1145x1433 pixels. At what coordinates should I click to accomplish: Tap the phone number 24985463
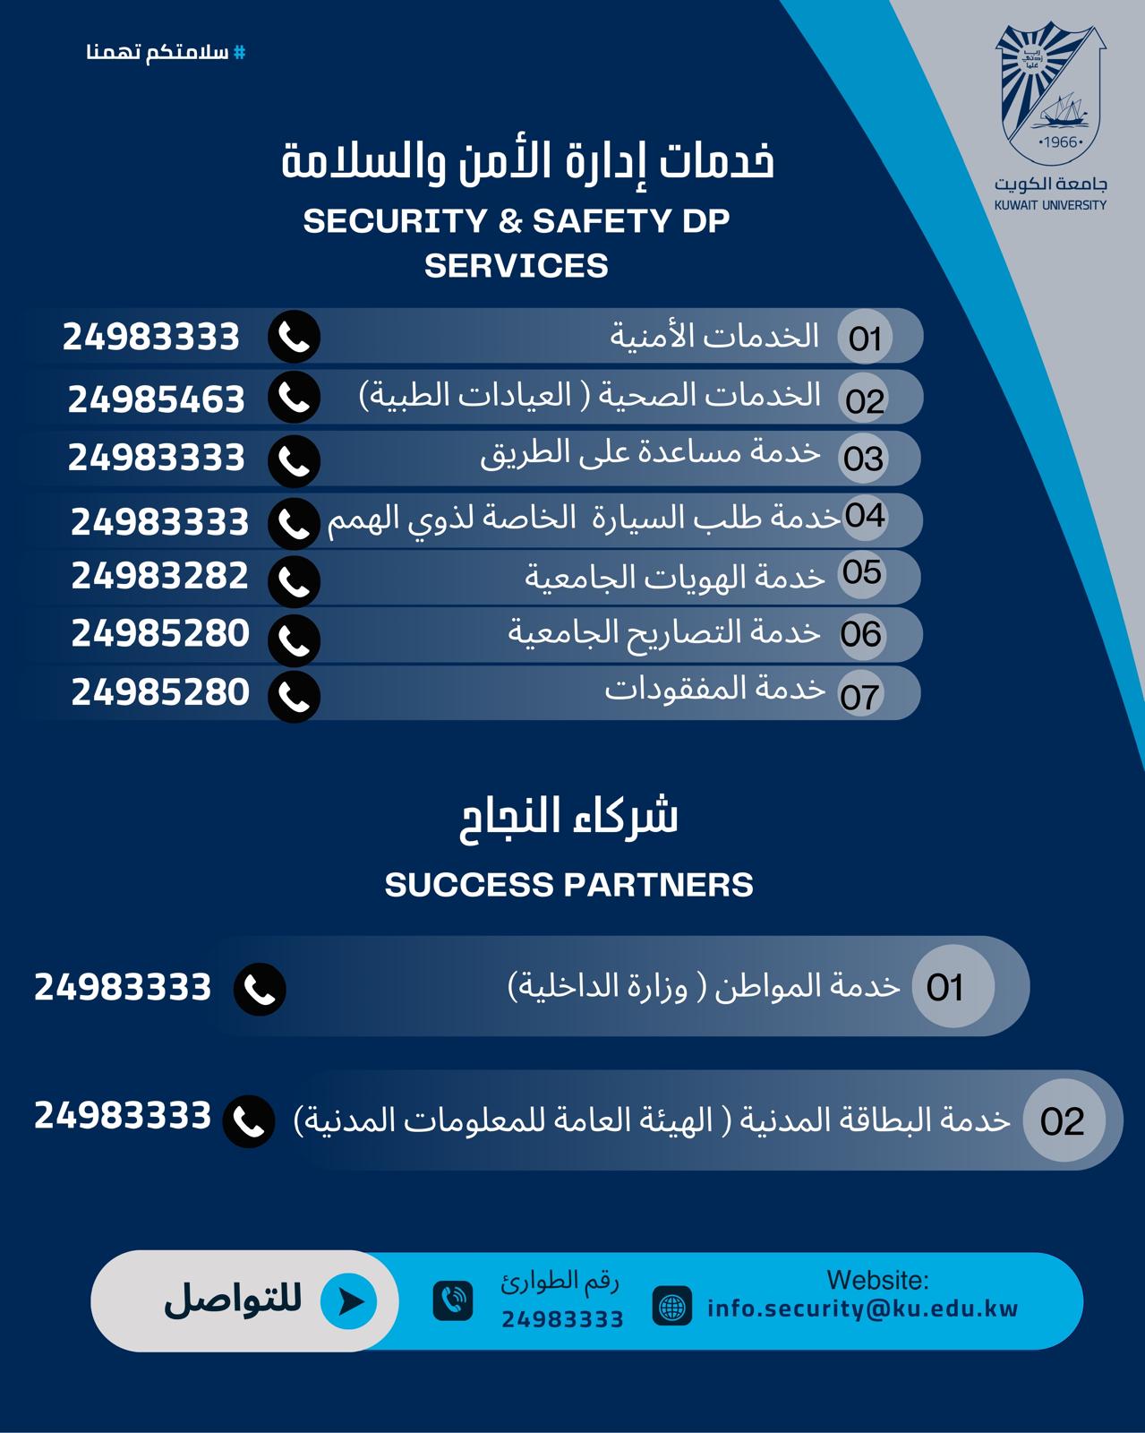[157, 399]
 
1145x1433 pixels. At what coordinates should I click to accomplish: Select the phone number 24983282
[160, 576]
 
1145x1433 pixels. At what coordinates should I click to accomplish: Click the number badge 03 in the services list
[864, 459]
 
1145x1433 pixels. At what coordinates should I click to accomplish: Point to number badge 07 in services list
[860, 696]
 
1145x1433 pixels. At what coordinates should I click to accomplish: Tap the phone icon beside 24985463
[295, 398]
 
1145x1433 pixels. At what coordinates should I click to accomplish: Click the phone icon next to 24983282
[295, 581]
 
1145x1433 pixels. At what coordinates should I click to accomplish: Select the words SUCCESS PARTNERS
[569, 885]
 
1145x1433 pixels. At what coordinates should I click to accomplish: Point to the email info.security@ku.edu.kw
[863, 1309]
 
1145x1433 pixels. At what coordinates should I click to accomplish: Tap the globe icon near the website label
[671, 1305]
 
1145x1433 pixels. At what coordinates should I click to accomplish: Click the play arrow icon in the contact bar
[349, 1300]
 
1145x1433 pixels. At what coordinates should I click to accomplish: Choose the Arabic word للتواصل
[233, 1300]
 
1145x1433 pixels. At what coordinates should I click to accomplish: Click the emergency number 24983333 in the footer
[562, 1318]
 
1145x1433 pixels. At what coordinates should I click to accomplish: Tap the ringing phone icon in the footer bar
[453, 1300]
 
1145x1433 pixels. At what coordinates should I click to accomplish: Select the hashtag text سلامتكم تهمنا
[166, 52]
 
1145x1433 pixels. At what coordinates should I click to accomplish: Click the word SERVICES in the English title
[517, 266]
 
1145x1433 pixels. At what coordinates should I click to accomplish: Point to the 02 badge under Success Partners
[1063, 1120]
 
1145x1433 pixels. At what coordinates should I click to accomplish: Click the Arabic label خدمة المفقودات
[714, 689]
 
